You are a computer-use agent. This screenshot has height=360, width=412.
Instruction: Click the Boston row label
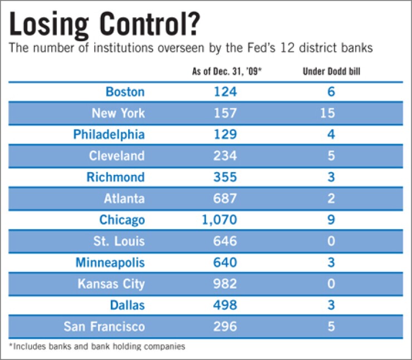pyautogui.click(x=125, y=91)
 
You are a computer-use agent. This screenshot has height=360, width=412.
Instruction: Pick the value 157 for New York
pyautogui.click(x=224, y=113)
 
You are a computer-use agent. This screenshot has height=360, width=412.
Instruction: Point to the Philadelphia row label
pyautogui.click(x=109, y=134)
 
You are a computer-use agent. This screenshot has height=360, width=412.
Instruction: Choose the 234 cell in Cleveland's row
pyautogui.click(x=224, y=155)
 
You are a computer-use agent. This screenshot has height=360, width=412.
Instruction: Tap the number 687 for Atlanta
pyautogui.click(x=224, y=198)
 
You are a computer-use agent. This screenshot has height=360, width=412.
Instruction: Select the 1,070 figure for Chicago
pyautogui.click(x=219, y=220)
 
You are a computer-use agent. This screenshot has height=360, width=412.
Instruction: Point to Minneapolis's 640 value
pyautogui.click(x=224, y=262)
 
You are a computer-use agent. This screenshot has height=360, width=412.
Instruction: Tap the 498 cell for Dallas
pyautogui.click(x=224, y=305)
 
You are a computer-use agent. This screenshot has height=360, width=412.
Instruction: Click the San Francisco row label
pyautogui.click(x=104, y=327)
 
